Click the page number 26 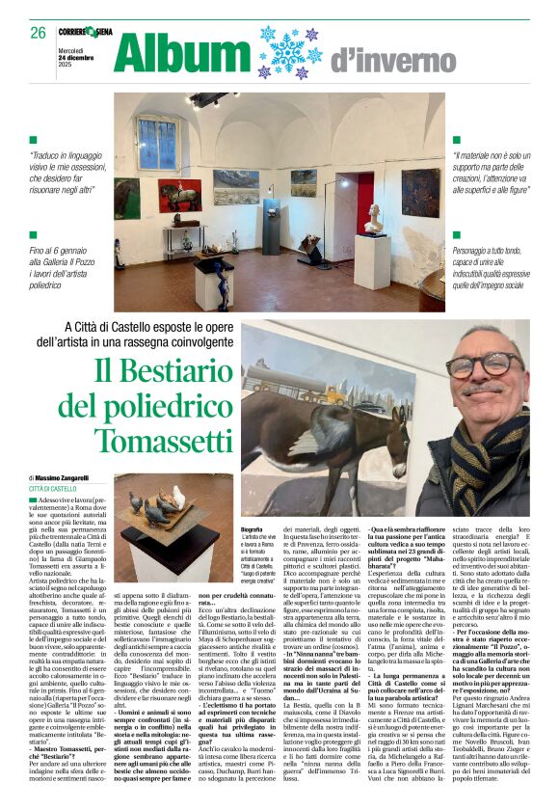tap(38, 32)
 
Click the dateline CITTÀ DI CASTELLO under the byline tap(52, 490)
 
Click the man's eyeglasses tap(490, 364)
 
